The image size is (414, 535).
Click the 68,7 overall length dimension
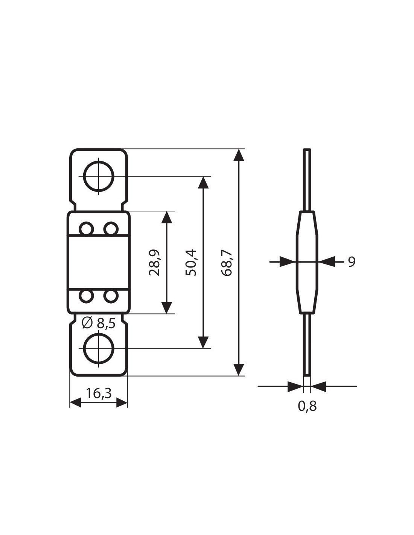(227, 263)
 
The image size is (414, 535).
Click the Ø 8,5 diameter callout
(99, 323)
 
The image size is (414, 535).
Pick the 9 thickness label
(352, 261)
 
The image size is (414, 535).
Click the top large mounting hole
(99, 176)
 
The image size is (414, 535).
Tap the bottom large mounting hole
(99, 348)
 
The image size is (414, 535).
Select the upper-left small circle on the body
(87, 229)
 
